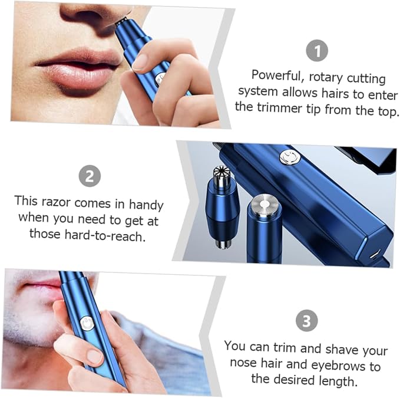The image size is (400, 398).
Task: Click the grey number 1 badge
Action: point(317,51)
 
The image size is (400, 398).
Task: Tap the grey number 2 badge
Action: point(90,176)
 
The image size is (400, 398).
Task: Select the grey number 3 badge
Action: point(307,321)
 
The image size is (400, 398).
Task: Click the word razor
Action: point(56,202)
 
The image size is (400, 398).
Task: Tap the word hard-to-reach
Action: point(105,235)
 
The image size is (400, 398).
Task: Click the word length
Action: point(337,381)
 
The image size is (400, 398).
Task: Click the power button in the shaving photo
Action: point(87,324)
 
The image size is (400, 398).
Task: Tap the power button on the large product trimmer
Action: point(289,157)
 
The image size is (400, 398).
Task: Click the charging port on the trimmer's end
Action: point(374,255)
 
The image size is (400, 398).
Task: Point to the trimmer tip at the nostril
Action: point(122,21)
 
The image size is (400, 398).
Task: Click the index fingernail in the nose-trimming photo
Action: point(140,63)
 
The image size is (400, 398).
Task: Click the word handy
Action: point(146,205)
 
